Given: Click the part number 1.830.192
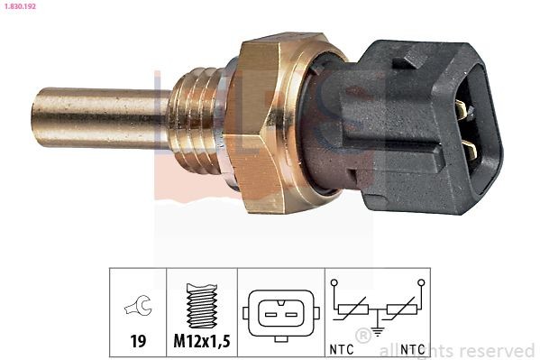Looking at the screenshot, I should (x=21, y=6).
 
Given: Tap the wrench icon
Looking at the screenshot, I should (x=138, y=309).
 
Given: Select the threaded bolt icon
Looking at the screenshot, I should (x=202, y=306).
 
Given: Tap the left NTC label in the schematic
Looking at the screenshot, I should (x=341, y=348).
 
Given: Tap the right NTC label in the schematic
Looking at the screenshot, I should (x=414, y=348).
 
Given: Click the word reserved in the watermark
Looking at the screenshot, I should (x=499, y=350).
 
